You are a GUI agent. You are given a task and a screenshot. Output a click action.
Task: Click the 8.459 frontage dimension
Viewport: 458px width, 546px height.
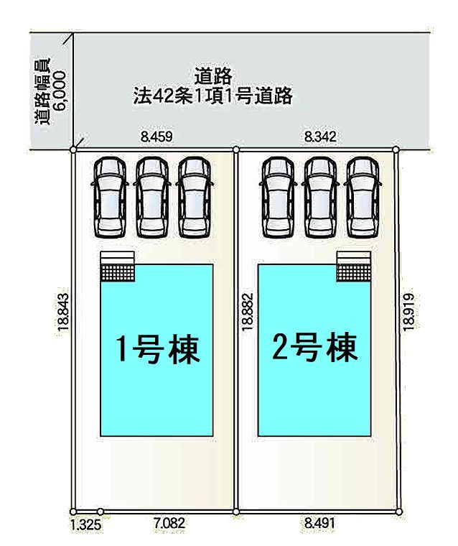[156, 136]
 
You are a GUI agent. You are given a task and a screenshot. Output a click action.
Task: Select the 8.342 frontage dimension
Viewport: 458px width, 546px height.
[320, 136]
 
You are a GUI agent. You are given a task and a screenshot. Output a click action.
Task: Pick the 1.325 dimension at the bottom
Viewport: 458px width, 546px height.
[85, 524]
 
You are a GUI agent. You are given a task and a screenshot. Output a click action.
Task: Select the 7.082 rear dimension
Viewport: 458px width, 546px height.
[169, 523]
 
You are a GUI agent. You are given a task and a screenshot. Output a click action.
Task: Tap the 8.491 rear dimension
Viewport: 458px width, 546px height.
[319, 523]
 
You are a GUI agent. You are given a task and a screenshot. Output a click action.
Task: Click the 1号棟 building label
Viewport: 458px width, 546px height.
[158, 349]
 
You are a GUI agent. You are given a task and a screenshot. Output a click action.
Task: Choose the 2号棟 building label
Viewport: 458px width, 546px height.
[315, 347]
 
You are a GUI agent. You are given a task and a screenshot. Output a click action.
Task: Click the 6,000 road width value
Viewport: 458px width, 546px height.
[60, 91]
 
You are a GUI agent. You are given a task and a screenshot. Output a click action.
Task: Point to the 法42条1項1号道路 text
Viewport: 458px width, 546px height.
[213, 96]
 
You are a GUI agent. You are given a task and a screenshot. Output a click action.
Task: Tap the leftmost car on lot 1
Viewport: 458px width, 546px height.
[110, 197]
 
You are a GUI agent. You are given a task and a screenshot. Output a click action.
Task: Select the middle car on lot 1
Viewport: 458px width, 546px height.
[152, 197]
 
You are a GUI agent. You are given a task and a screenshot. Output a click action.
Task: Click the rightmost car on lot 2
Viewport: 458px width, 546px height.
[363, 197]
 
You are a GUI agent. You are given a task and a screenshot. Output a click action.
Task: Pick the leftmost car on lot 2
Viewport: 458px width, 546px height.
[278, 197]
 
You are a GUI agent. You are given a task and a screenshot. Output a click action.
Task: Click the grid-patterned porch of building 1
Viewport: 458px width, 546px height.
[118, 272]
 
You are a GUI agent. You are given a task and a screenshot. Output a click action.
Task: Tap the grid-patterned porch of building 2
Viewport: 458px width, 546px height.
[354, 273]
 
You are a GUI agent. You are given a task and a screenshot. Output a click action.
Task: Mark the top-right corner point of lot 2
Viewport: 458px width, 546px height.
[396, 149]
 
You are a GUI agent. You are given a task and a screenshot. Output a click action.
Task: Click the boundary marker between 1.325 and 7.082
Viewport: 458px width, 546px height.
[101, 512]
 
